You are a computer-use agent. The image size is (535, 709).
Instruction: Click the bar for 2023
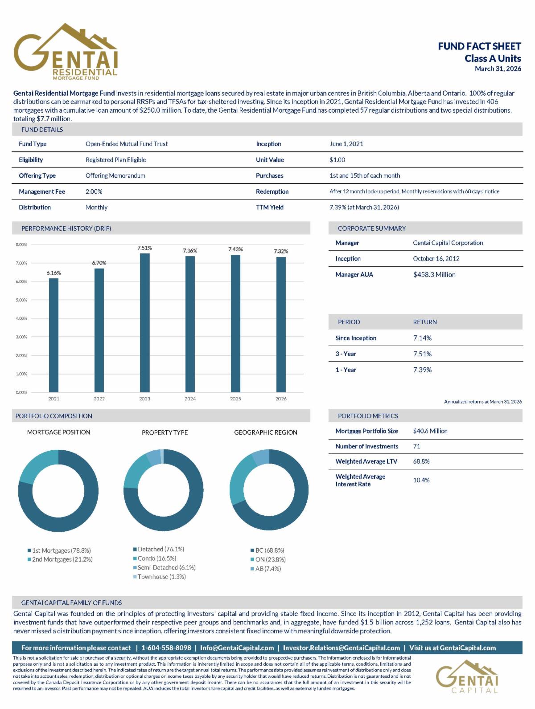click(144, 322)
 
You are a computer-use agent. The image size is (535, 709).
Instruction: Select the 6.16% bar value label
click(53, 273)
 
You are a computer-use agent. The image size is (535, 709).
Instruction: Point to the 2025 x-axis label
click(235, 399)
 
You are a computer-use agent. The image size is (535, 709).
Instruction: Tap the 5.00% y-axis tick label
click(21, 300)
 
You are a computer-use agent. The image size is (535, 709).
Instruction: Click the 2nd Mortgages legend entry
click(60, 559)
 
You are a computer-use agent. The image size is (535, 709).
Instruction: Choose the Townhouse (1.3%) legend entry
click(159, 577)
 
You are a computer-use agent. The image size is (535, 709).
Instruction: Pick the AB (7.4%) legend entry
click(266, 569)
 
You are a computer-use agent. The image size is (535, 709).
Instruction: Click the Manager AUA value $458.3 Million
click(434, 274)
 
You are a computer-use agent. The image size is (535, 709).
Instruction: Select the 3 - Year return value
click(422, 354)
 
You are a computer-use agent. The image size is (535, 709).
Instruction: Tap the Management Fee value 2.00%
click(94, 192)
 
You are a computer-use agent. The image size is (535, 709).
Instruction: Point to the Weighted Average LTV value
click(421, 461)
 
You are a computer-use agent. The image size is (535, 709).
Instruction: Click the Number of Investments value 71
click(416, 446)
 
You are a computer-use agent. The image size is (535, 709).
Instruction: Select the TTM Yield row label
click(270, 208)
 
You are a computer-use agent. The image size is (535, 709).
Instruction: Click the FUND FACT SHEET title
click(479, 46)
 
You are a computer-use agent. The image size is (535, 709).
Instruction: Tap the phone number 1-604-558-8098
click(166, 648)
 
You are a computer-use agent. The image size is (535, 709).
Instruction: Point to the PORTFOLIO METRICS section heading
click(368, 416)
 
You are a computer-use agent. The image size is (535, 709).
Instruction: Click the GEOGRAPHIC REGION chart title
click(265, 432)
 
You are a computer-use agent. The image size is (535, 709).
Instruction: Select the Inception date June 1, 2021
click(346, 144)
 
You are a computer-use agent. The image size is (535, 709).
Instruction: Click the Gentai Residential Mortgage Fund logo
click(66, 52)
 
